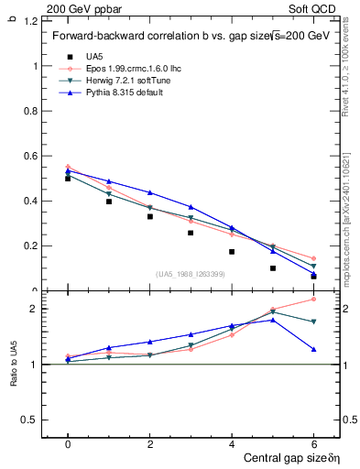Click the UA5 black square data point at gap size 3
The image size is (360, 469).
(x=191, y=233)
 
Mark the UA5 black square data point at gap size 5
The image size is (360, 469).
(x=273, y=268)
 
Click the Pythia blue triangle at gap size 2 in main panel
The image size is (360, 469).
(x=150, y=192)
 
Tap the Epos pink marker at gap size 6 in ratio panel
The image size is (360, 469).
(x=313, y=299)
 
